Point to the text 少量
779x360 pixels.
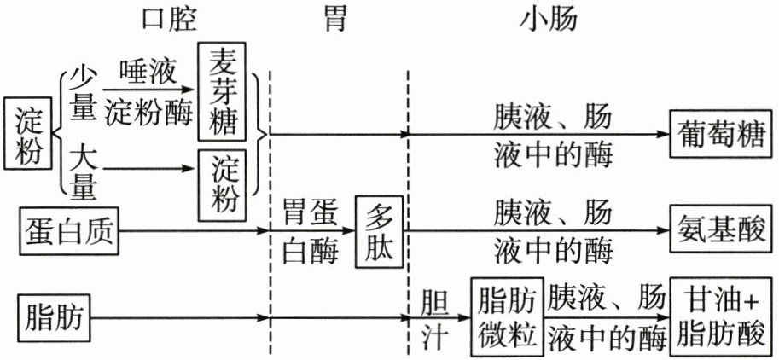[83, 92]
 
